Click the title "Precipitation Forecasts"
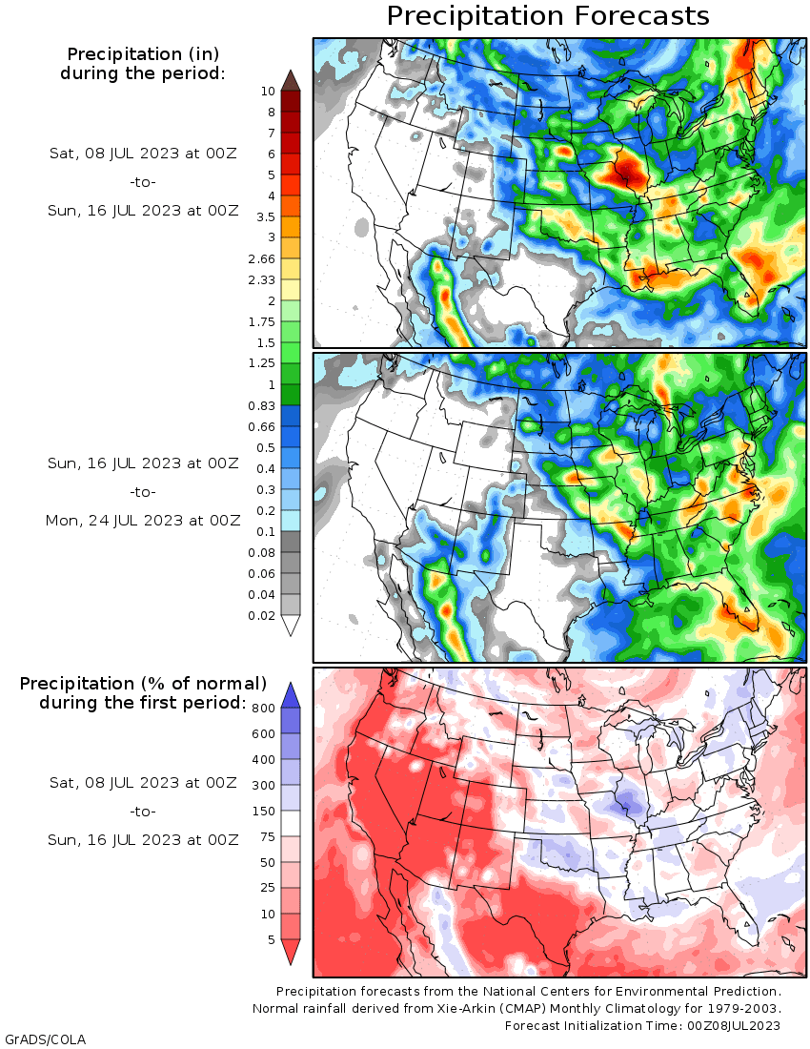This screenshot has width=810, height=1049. coord(547,16)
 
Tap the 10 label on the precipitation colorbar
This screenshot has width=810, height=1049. coord(268,92)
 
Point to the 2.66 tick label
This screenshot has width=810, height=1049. coord(261,258)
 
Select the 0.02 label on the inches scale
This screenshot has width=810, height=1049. coord(261,615)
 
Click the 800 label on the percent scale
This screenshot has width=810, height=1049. coord(263,709)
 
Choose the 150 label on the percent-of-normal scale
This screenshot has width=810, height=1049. coord(263,811)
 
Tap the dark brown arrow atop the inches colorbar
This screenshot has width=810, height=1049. coord(291,79)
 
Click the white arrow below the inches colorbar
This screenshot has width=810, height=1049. coord(291,626)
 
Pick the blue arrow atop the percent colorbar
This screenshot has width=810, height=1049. coord(291,695)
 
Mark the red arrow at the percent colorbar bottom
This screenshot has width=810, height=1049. coord(291,952)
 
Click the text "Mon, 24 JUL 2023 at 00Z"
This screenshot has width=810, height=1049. coord(143,521)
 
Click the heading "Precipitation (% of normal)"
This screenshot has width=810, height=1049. coord(143,684)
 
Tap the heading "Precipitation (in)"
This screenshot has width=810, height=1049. coord(143,54)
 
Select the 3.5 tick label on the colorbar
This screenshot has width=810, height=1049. coord(265,217)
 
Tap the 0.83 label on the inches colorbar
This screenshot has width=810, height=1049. coord(261,406)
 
